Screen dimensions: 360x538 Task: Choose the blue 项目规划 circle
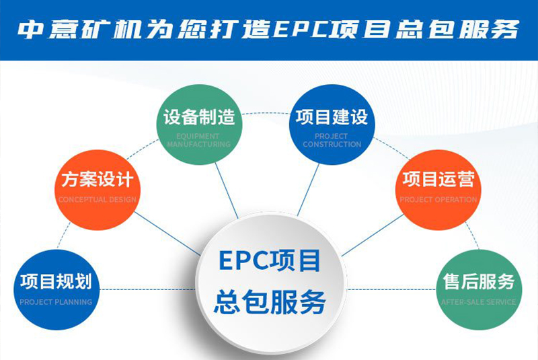[55, 288]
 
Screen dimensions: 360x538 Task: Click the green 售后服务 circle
[479, 288]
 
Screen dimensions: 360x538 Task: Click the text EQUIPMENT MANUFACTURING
[198, 140]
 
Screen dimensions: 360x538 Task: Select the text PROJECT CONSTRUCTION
[332, 140]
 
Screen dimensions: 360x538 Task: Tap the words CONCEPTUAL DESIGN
[97, 200]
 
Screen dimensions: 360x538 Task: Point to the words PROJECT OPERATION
[438, 200]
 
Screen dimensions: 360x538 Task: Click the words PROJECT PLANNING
[56, 302]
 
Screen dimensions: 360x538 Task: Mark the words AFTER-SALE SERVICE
[479, 302]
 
